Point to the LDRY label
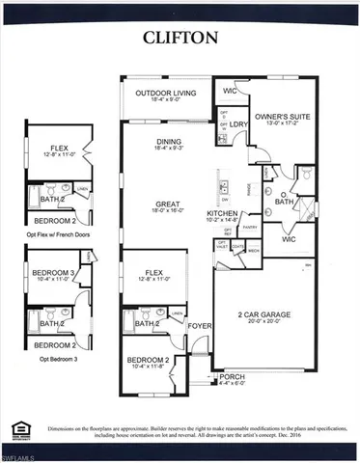tap(240, 123)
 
